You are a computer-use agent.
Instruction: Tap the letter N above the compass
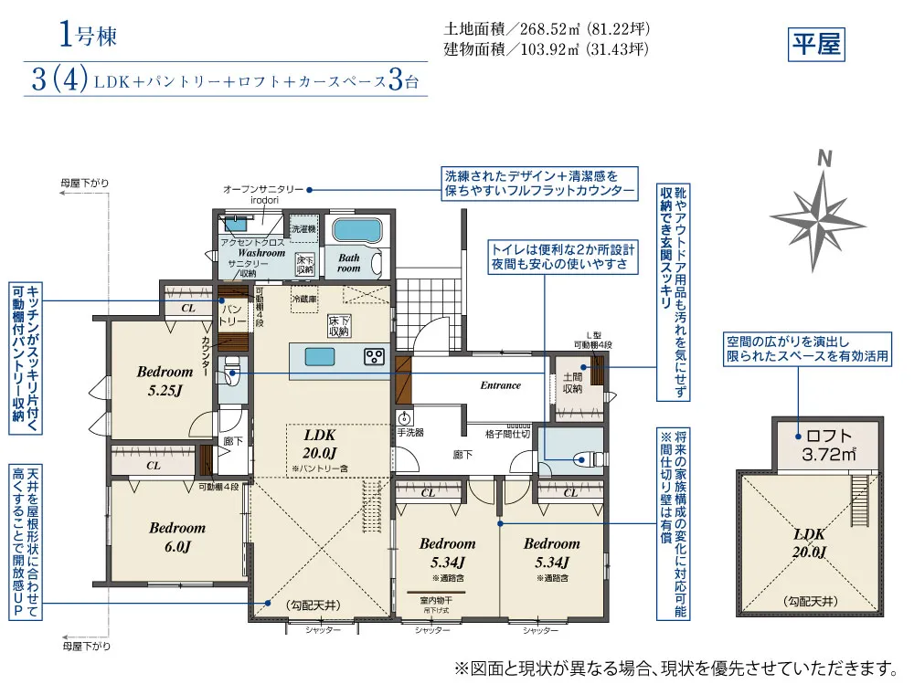[824, 158]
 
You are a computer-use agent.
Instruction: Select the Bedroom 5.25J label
[165, 380]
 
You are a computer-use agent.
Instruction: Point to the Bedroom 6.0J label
[177, 536]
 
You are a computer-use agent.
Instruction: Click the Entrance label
[500, 385]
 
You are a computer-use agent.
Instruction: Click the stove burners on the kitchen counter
[375, 356]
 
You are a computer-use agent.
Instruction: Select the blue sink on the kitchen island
[321, 355]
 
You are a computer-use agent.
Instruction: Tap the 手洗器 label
[409, 432]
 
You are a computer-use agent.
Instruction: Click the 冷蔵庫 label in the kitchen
[303, 299]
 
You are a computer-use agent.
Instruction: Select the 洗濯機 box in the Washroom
[303, 228]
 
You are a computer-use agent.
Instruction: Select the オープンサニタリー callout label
[263, 189]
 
